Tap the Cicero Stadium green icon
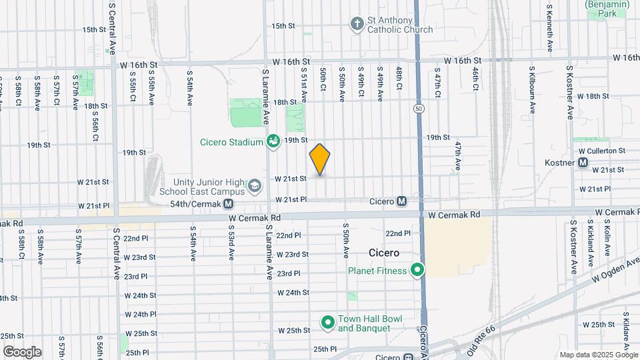point(273,141)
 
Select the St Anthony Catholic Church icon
point(357,25)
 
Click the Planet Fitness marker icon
point(418,270)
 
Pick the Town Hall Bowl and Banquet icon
point(327,323)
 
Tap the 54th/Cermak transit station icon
point(228,203)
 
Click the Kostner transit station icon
point(583,162)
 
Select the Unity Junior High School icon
point(254,185)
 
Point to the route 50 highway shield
point(418,108)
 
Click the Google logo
point(22,352)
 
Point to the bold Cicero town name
point(385,253)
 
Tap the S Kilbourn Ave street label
point(532,91)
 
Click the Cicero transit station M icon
point(402,201)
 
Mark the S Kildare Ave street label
point(627,330)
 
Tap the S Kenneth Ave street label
point(549,28)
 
